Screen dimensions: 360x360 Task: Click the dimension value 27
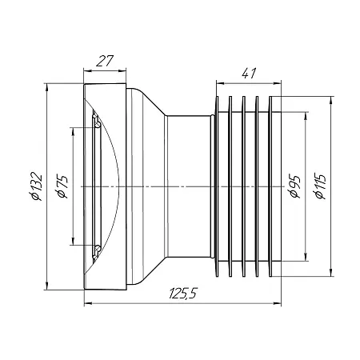(105, 61)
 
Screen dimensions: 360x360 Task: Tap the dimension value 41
(249, 73)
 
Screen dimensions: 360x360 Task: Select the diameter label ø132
(37, 186)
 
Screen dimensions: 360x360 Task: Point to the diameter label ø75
(62, 186)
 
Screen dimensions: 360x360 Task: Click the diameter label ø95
(295, 186)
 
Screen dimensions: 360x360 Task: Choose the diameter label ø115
(320, 186)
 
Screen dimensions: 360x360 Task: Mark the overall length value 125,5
(183, 294)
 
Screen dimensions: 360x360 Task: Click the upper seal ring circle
(98, 124)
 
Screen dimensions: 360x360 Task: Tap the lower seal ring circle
(98, 249)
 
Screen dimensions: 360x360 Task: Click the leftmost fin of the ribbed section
(217, 186)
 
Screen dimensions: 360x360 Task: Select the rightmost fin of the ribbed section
(270, 186)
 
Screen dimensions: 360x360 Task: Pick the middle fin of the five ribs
(243, 186)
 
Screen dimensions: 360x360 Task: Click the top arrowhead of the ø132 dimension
(47, 87)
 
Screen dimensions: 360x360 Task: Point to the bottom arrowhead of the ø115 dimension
(331, 273)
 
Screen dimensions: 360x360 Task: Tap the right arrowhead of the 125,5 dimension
(277, 303)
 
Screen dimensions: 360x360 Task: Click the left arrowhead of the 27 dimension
(88, 70)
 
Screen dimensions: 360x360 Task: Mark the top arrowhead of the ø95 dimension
(306, 116)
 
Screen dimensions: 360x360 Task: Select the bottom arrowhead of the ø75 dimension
(73, 241)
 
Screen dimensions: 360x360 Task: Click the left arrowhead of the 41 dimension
(220, 83)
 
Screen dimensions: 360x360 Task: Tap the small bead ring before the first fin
(212, 186)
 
